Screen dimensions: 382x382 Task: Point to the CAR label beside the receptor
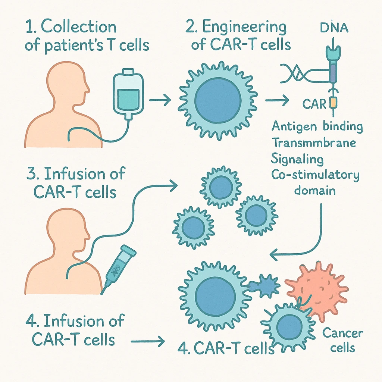(314, 103)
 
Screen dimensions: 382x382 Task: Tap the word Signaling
(297, 159)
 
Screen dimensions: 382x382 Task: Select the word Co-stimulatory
(315, 175)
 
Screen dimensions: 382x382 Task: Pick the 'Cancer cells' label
(338, 340)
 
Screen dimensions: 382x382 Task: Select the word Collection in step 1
(78, 28)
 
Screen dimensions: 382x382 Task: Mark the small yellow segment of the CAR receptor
(333, 102)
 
